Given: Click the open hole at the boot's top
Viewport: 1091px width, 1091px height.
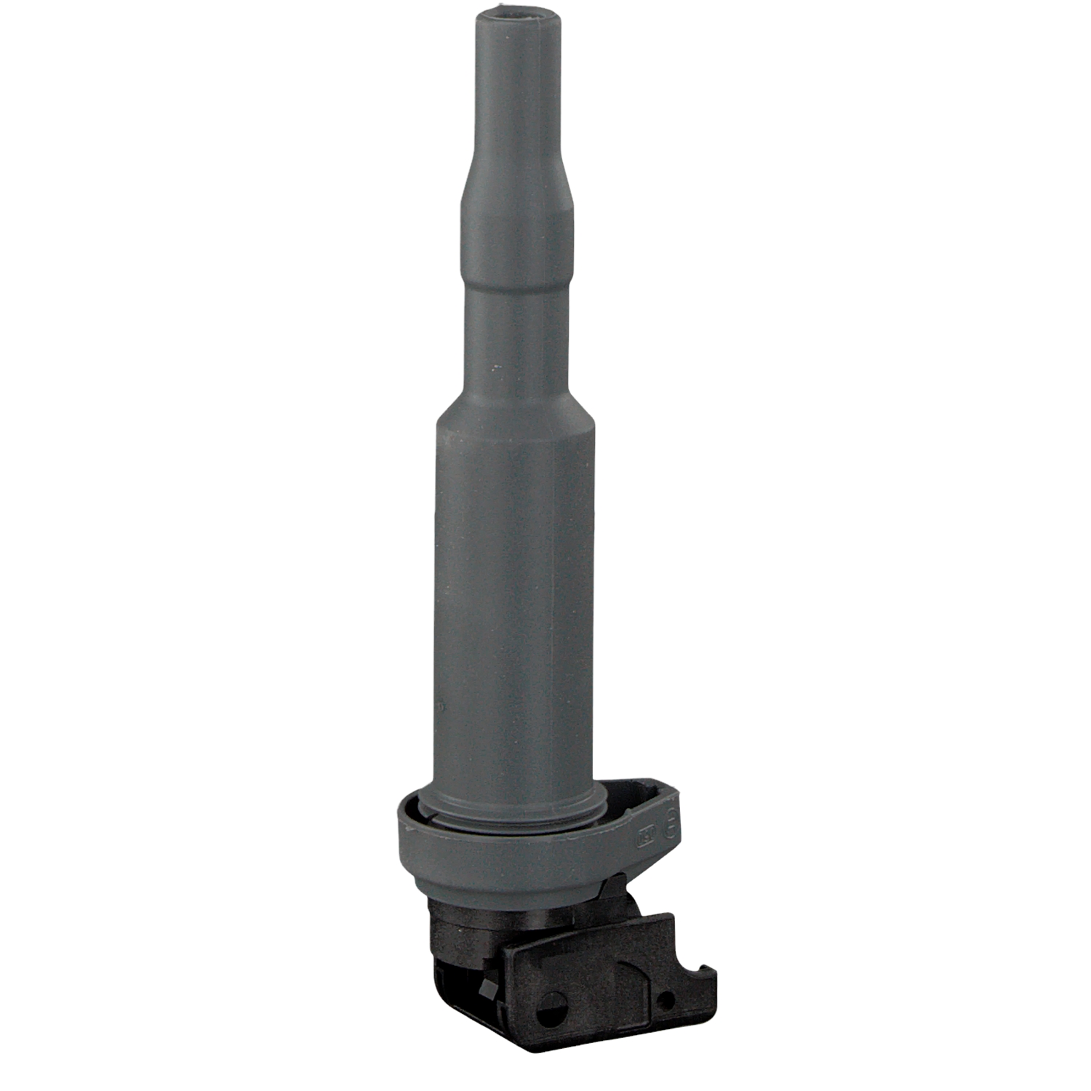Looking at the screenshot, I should [513, 14].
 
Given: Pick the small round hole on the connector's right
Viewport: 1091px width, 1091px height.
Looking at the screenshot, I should [663, 1000].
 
